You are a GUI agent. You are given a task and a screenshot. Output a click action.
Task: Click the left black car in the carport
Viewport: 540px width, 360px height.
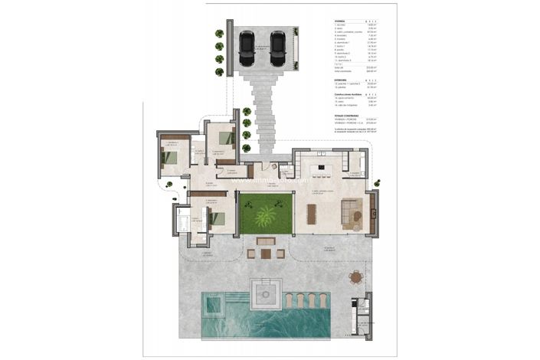point(247,48)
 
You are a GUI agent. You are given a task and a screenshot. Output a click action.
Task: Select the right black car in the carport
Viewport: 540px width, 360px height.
point(277,48)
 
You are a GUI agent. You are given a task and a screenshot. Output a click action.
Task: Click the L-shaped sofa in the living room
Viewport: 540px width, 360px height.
point(353,212)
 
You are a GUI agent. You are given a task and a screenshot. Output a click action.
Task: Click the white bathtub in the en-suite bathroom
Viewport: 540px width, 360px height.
point(184,224)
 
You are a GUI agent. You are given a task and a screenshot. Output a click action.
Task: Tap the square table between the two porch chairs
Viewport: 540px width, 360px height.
point(267,253)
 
